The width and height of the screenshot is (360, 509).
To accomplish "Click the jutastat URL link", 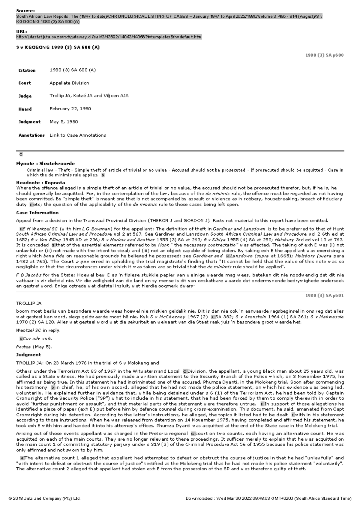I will coord(109,37).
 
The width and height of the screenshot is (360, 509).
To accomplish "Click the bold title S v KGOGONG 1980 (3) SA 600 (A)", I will coord(58,47).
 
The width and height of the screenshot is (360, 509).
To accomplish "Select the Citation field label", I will coord(27,70).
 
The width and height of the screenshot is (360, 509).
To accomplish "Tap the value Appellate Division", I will coord(69,83).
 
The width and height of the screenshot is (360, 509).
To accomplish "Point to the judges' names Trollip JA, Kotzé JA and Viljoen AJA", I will coord(89,96).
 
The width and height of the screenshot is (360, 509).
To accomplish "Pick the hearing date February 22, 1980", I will coord(70,109).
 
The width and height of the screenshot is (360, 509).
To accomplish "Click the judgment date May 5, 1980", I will coord(64,122).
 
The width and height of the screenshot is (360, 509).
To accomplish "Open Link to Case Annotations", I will coord(78,135).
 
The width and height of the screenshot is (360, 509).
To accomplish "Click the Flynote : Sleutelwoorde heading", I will coord(45,164).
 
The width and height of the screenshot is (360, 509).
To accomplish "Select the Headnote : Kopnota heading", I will coord(40,183).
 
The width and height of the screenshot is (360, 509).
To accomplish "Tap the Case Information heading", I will coord(37,213).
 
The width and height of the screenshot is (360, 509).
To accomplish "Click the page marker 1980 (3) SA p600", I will coord(324,55).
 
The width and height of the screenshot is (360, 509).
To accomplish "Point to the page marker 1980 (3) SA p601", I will coord(324,296).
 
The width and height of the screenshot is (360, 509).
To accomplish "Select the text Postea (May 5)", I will coord(34,347).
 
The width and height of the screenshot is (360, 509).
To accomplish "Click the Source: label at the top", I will coord(25,10).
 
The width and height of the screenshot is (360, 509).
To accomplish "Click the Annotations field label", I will coord(31,135).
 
